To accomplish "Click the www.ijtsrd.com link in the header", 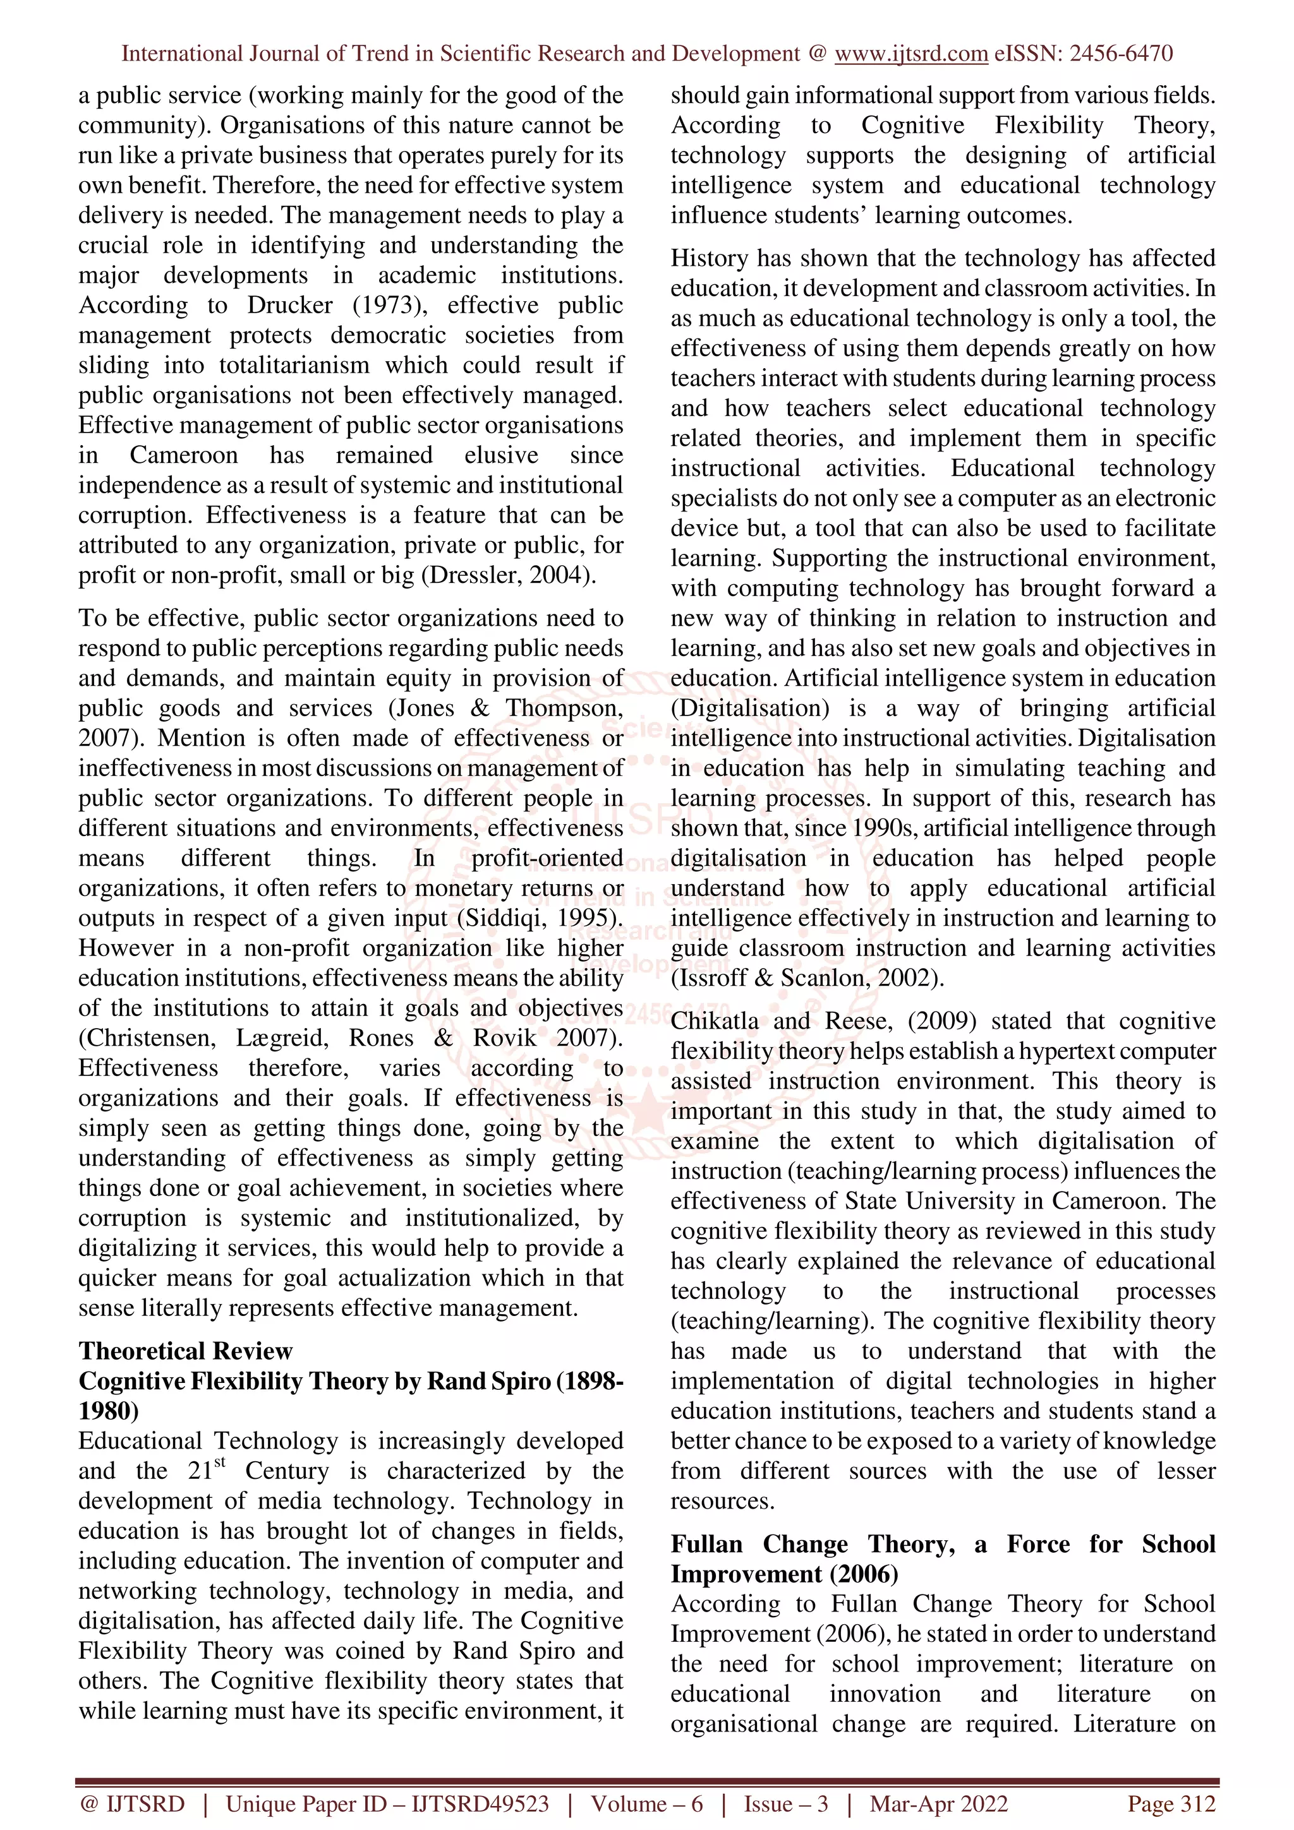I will [x=910, y=54].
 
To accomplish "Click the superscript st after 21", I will [x=220, y=1462].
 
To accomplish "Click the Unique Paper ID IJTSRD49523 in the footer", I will [x=480, y=1803].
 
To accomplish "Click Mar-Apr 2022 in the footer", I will [x=938, y=1803].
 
